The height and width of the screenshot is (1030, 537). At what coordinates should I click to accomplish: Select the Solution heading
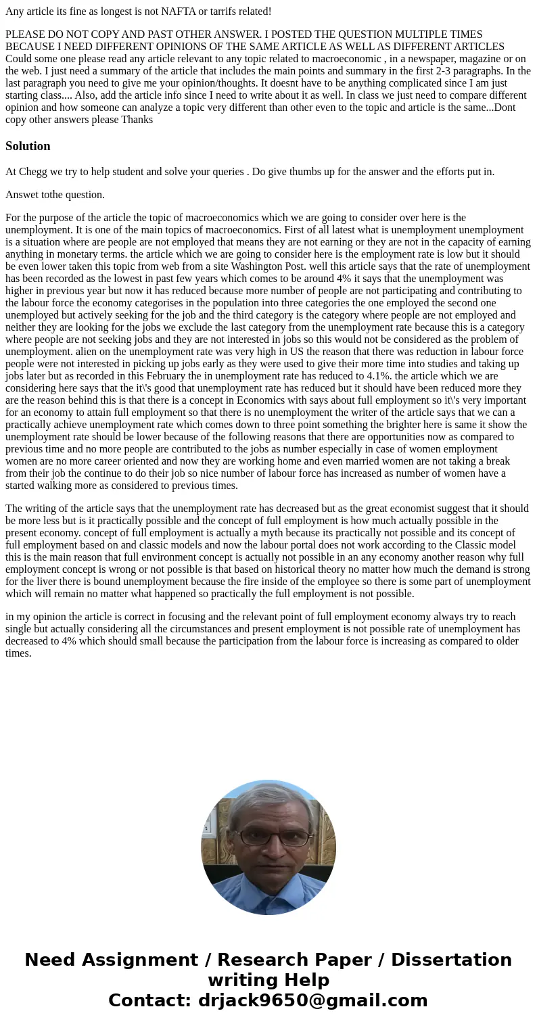tap(28, 146)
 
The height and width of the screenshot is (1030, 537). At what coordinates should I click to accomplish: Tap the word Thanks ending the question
tap(137, 120)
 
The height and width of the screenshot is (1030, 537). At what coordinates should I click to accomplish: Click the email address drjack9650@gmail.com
tap(312, 1001)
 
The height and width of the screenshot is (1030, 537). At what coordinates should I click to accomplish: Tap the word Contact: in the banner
tap(149, 1001)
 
